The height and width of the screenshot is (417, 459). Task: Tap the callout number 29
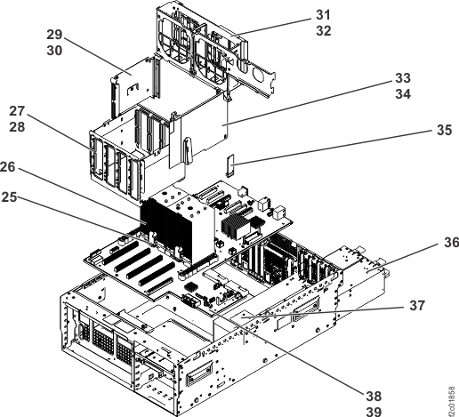click(55, 35)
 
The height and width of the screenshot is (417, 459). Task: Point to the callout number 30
click(55, 51)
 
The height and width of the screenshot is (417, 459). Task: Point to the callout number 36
click(449, 243)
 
